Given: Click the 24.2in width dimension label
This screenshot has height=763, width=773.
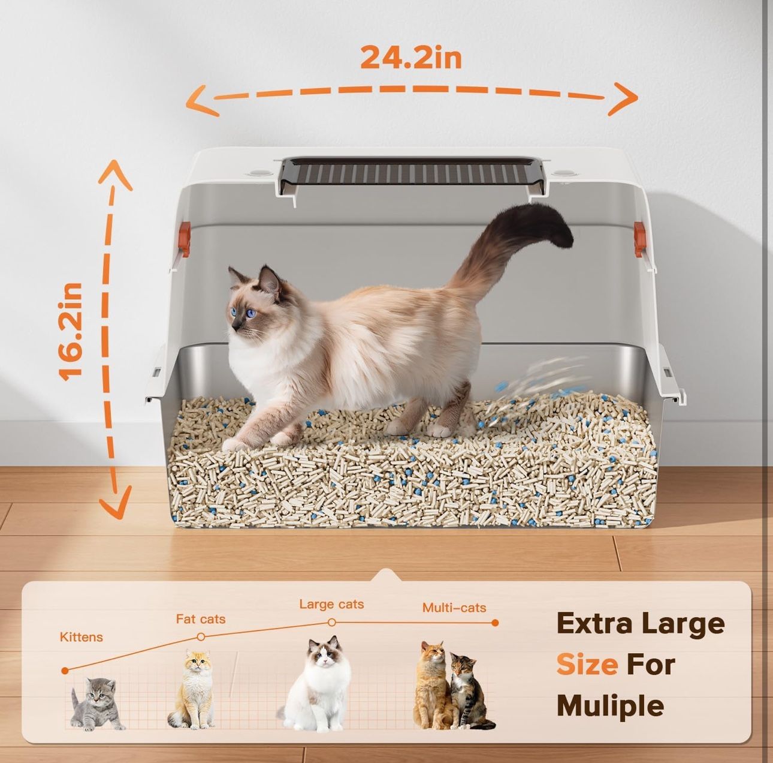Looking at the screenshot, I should point(410,58).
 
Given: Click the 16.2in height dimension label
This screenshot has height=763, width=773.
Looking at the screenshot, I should point(71,331).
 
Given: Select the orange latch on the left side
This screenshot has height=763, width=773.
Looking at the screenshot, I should point(184,239).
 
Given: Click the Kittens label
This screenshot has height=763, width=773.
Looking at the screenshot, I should point(81,637).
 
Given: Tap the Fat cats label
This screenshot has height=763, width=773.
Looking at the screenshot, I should point(201,619).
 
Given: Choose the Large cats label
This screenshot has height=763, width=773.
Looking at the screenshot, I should point(331,604).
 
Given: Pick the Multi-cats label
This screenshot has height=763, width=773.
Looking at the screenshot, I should point(454,608).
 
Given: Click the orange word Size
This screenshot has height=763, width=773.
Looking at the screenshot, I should point(587,665).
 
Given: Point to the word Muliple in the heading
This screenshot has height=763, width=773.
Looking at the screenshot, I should point(610,705).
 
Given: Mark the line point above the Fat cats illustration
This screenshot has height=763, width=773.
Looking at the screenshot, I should point(201,636).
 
